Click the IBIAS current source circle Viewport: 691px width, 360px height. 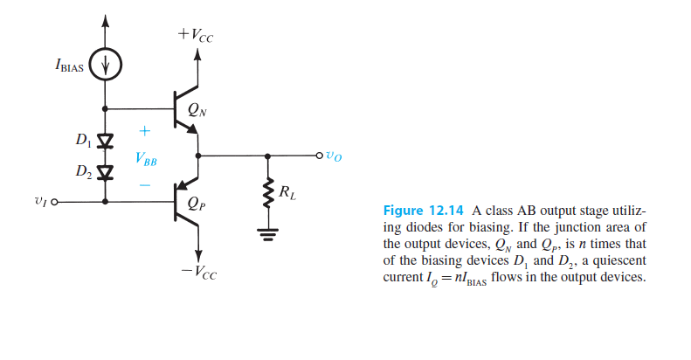click(x=107, y=65)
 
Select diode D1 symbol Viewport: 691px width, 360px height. click(x=107, y=140)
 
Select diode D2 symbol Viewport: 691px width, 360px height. click(x=107, y=171)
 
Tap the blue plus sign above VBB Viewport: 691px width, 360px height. click(x=145, y=130)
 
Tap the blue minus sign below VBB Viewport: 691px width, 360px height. click(x=145, y=185)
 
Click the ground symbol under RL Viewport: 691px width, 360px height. click(x=267, y=232)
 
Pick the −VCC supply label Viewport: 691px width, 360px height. click(x=198, y=273)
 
